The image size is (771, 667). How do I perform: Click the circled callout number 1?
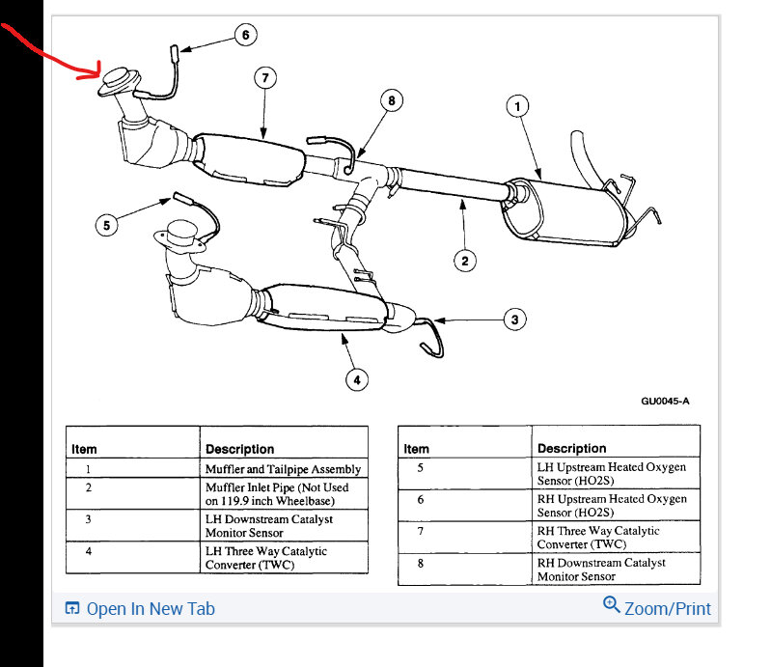point(518,106)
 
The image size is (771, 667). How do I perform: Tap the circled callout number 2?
point(464,259)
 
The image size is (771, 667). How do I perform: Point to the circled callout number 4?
point(356,379)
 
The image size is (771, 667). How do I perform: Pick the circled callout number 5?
point(106,225)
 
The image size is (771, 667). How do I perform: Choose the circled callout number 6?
point(245,36)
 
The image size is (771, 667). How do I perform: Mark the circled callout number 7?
point(265,77)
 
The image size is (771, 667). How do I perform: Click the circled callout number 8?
point(391,99)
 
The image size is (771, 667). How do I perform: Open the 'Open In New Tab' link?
point(151,609)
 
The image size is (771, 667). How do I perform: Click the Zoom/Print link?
point(667,609)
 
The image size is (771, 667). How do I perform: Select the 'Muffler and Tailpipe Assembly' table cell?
point(283,469)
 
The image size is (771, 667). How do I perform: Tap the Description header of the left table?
point(239,449)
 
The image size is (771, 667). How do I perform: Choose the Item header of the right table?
point(417,448)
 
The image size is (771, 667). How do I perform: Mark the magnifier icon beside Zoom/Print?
point(611,605)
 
